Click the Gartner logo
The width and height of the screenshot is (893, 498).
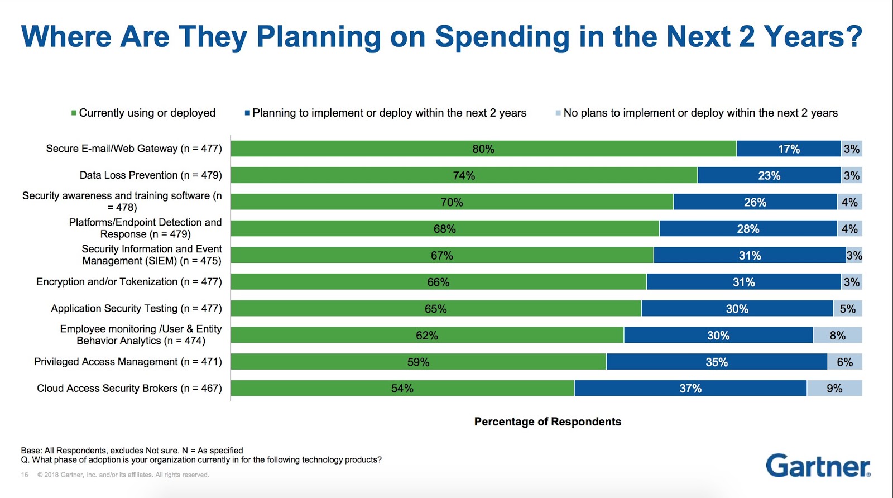tap(818, 466)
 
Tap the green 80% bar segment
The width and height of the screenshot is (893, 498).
tap(483, 149)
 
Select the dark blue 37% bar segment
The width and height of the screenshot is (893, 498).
tap(690, 389)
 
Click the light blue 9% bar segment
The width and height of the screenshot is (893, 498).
tap(834, 389)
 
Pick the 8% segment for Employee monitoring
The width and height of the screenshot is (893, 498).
tap(837, 336)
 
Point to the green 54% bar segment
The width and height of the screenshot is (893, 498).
tap(402, 389)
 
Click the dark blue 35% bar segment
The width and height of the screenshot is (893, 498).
tap(717, 362)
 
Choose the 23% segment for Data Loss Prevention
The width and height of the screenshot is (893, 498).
tap(769, 175)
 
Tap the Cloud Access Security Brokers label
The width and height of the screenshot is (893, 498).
tap(129, 389)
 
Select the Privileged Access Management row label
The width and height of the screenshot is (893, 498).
tap(128, 362)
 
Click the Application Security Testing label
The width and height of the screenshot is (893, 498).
tap(136, 309)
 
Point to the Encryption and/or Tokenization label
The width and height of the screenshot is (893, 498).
tap(129, 282)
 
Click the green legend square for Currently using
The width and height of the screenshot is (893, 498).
tap(74, 113)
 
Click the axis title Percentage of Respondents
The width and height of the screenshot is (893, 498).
tap(548, 422)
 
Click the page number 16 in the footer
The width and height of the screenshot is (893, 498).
tap(25, 475)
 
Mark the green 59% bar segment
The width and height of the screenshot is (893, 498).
tap(418, 362)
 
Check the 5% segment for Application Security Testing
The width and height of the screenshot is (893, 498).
tap(847, 309)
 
